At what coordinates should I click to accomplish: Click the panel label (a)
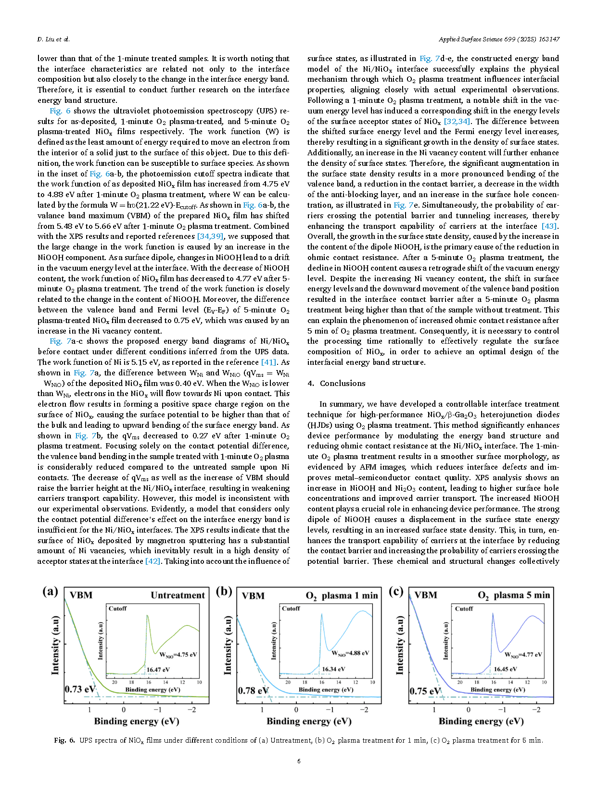click(x=50, y=591)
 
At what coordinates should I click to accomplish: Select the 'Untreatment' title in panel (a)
click(x=178, y=595)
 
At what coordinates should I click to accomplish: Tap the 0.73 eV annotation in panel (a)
click(x=80, y=689)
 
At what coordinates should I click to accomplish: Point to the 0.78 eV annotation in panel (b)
click(x=253, y=691)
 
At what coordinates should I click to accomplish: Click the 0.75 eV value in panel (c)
click(x=425, y=691)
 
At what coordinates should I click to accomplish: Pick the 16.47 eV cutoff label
click(x=158, y=670)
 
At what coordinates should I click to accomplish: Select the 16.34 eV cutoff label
click(x=333, y=669)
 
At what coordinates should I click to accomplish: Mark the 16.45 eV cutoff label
click(x=505, y=669)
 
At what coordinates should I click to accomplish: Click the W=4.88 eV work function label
click(x=350, y=653)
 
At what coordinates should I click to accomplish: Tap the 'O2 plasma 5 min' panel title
click(x=514, y=595)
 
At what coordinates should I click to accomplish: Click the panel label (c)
click(x=395, y=591)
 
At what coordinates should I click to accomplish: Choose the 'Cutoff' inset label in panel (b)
click(x=291, y=609)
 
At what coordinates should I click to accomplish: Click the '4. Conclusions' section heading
click(x=336, y=383)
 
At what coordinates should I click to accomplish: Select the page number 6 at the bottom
click(x=299, y=761)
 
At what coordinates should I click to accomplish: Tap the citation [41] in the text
click(x=268, y=362)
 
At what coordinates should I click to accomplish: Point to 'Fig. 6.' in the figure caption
click(x=64, y=740)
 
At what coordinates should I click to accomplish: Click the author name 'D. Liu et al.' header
click(x=53, y=39)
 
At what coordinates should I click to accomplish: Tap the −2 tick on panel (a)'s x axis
click(x=191, y=709)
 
